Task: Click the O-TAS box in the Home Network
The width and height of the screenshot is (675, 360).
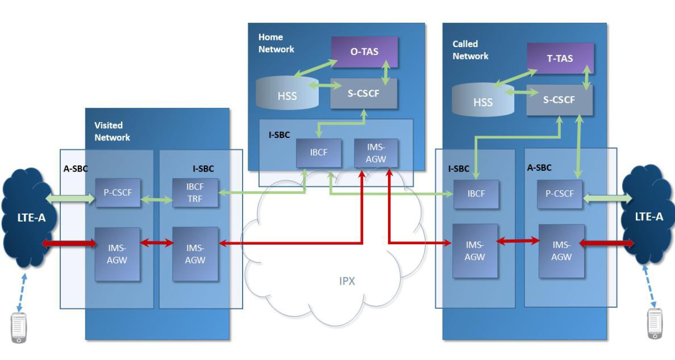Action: coord(364,52)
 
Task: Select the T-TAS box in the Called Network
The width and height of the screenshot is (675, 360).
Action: coord(560,58)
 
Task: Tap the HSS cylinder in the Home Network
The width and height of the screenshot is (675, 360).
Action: coord(287,93)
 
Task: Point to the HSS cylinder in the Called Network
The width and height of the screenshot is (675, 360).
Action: coord(482,99)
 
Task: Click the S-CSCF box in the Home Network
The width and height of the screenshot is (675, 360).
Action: coord(364,93)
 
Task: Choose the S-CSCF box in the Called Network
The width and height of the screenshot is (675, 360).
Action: coord(559,100)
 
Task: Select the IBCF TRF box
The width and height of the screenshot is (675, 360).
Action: coord(195,192)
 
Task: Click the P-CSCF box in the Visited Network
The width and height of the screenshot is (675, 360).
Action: coord(118,192)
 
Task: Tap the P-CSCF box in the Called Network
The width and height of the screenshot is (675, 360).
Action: coord(560,194)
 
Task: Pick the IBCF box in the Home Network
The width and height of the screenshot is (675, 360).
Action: coord(319,153)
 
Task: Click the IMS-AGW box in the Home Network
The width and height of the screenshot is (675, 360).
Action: coord(376,153)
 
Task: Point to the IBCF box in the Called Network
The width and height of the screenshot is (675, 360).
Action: coord(476,194)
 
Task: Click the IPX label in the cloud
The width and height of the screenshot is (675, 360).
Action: coord(347,281)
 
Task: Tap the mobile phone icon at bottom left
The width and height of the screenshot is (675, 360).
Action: coord(19,328)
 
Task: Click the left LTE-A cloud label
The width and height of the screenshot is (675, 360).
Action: coord(31,217)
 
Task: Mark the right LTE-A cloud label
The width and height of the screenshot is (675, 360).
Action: coord(649,217)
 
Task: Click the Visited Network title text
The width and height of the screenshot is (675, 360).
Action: coord(112,131)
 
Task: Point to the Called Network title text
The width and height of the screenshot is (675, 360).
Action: coord(470,50)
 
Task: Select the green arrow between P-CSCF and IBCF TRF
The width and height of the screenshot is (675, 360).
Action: coord(157,199)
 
